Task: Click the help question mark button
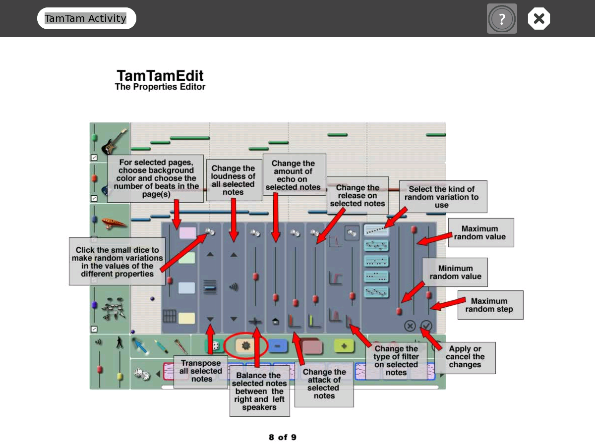pyautogui.click(x=502, y=19)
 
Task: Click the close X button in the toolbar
pyautogui.click(x=539, y=19)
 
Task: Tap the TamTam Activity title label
pyautogui.click(x=86, y=18)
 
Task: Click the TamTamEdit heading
pyautogui.click(x=160, y=76)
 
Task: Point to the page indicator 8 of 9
pyautogui.click(x=283, y=437)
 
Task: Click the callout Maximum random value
pyautogui.click(x=480, y=232)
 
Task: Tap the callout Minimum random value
pyautogui.click(x=455, y=272)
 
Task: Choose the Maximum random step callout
pyautogui.click(x=489, y=305)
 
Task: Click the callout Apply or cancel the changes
pyautogui.click(x=465, y=357)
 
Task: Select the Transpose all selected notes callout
pyautogui.click(x=201, y=371)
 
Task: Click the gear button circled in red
pyautogui.click(x=245, y=345)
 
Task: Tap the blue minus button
pyautogui.click(x=278, y=346)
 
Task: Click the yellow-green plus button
pyautogui.click(x=343, y=345)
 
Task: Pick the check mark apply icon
pyautogui.click(x=426, y=326)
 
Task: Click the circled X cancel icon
pyautogui.click(x=410, y=326)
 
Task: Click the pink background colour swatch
pyautogui.click(x=187, y=232)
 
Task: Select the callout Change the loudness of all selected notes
pyautogui.click(x=234, y=180)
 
